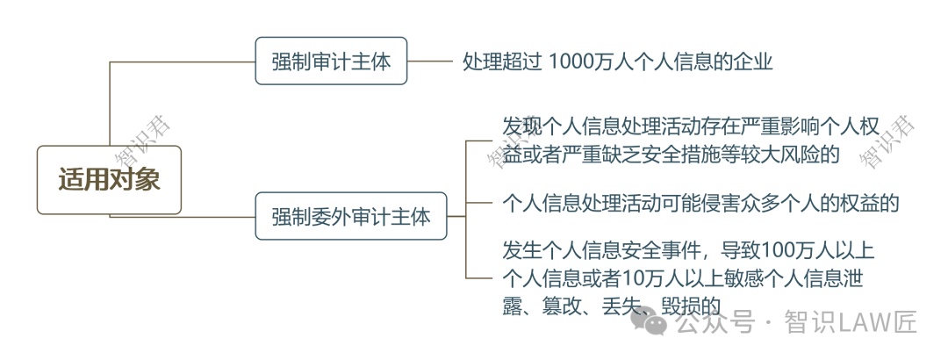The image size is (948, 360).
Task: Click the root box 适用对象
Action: tap(109, 180)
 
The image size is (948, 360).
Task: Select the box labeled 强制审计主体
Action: tap(331, 61)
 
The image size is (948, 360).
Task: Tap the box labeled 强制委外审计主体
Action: tap(351, 216)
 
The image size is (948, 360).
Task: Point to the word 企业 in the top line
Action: tap(754, 61)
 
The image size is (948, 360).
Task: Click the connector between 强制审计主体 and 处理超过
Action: tap(430, 61)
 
